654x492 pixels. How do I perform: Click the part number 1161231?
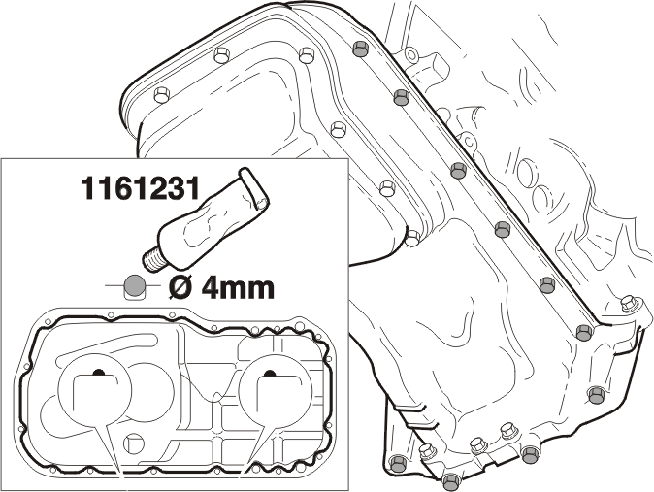(x=140, y=187)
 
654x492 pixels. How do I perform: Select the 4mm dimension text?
(x=238, y=288)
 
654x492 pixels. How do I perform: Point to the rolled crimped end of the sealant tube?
(x=253, y=188)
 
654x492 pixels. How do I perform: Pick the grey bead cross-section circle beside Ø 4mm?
(x=134, y=286)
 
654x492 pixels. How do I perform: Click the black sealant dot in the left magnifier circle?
(x=98, y=371)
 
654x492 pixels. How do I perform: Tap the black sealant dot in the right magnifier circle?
(x=270, y=373)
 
